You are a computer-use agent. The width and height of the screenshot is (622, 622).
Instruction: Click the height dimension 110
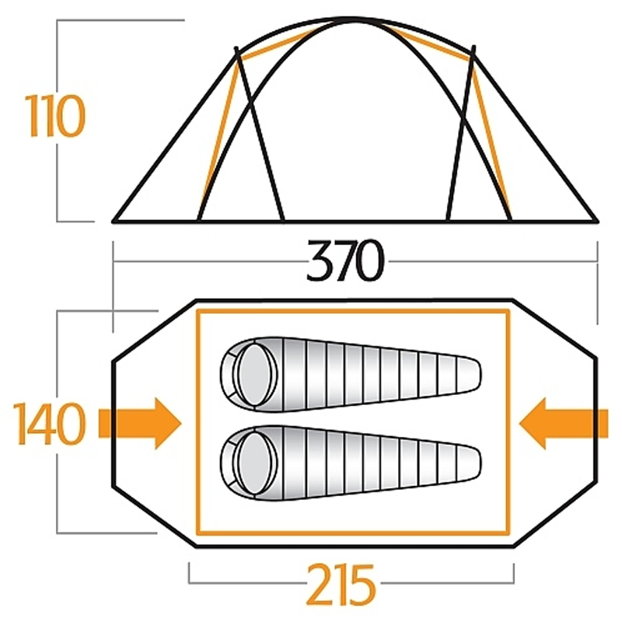tap(55, 116)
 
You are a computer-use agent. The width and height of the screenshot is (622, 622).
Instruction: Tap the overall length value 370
tap(345, 260)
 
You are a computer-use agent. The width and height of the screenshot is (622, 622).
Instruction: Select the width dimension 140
tap(49, 423)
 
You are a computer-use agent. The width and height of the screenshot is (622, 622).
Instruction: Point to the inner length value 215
tap(341, 584)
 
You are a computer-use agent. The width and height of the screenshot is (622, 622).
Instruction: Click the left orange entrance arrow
tap(140, 423)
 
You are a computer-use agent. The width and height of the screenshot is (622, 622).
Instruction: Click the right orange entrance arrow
tap(563, 423)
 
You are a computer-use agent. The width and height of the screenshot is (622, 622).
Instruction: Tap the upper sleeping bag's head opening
tap(255, 375)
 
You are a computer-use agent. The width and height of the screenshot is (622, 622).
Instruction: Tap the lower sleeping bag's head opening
tap(255, 463)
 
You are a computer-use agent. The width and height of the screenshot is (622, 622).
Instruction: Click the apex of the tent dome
tap(352, 19)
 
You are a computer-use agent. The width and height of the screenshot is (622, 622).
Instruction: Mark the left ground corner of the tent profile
tap(114, 221)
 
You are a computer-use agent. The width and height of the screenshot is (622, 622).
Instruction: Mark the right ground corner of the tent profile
tap(596, 221)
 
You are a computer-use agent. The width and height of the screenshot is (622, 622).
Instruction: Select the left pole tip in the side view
tap(236, 48)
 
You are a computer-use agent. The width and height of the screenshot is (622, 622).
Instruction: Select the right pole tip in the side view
tap(473, 47)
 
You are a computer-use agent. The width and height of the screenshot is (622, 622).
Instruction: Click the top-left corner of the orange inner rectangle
tap(198, 311)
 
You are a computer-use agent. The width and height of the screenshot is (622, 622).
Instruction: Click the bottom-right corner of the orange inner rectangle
tap(508, 533)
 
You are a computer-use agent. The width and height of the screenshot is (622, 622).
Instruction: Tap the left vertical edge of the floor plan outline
tap(113, 423)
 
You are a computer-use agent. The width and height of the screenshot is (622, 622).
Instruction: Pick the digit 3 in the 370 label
tap(320, 260)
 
